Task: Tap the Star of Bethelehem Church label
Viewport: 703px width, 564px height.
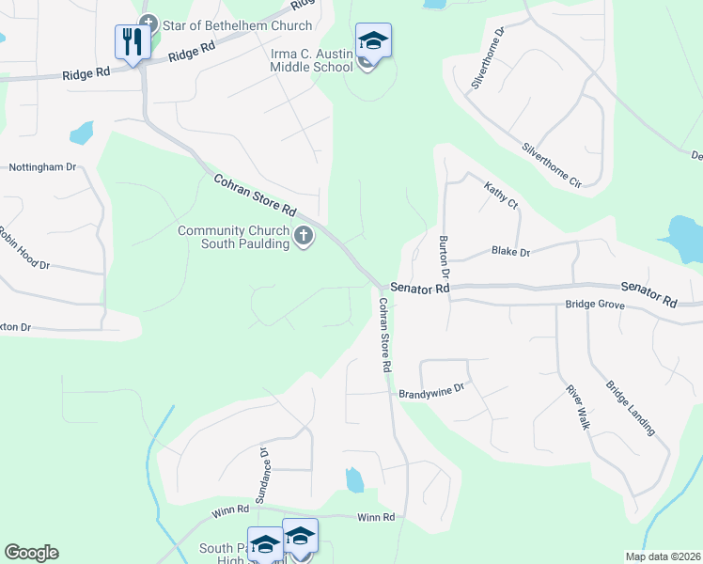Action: [237, 25]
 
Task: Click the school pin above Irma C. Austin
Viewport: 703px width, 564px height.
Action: [373, 40]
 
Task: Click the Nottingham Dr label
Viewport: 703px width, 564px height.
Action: [42, 167]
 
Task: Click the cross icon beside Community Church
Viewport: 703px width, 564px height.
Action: [304, 238]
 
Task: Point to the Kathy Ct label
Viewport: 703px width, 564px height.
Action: [501, 196]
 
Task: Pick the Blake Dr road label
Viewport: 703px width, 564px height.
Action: [511, 253]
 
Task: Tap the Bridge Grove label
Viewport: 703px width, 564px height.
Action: [594, 305]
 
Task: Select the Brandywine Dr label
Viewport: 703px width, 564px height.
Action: [432, 389]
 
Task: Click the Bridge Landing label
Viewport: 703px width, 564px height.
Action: [630, 408]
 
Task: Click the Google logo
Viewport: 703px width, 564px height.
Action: [31, 553]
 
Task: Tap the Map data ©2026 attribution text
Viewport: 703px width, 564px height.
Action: [663, 556]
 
